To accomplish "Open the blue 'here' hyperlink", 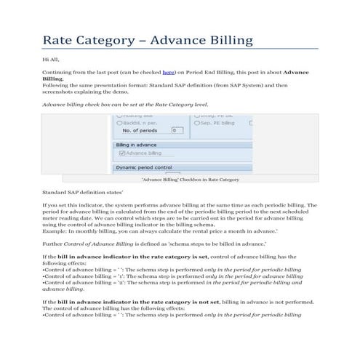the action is point(168,73).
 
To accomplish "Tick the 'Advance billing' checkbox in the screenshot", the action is point(120,153).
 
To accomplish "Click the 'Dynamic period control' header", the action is point(144,167).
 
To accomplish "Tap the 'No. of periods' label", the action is point(143,130).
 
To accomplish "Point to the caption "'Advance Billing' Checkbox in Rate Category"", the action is point(189,179).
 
